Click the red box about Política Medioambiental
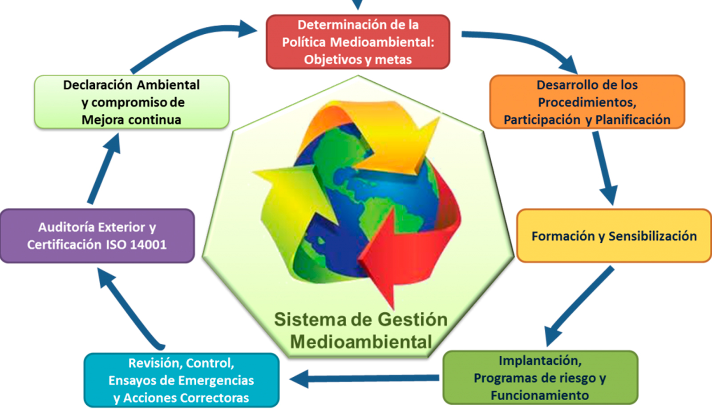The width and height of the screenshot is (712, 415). click(358, 42)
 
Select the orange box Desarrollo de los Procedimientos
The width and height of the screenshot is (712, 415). click(587, 102)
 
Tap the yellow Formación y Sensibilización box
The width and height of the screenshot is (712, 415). click(614, 236)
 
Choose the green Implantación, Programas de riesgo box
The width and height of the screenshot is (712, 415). click(540, 378)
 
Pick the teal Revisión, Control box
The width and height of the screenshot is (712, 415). click(181, 380)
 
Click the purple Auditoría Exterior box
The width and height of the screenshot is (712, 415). click(97, 236)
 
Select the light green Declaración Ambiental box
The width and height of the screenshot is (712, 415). click(131, 102)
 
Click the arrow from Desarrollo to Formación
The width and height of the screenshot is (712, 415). click(604, 167)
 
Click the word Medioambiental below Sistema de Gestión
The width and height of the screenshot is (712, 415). click(361, 342)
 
